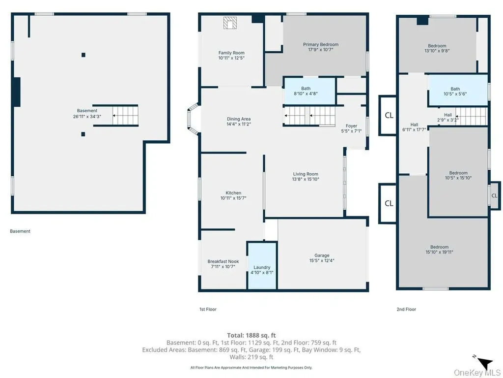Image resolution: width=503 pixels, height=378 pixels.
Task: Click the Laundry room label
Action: coord(262,270)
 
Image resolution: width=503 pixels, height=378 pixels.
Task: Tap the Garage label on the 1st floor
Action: coord(322,258)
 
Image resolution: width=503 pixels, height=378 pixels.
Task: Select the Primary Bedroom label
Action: coord(321,47)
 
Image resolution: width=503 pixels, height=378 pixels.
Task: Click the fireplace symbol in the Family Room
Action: coord(230,23)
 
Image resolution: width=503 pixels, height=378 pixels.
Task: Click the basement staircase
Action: coord(125,115)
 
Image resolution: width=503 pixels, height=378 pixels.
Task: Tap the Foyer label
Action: coord(351,128)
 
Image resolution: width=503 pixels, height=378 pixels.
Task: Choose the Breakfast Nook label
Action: coord(224,264)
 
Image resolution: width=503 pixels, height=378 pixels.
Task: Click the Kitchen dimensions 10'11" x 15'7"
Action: coord(233,198)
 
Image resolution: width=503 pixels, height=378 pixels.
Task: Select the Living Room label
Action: coord(306,177)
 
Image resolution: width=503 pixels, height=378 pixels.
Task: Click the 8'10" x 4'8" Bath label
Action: coord(306,91)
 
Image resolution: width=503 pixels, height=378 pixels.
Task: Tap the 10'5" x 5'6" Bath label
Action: coord(455,91)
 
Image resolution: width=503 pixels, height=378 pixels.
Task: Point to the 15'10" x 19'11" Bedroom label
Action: coord(440,250)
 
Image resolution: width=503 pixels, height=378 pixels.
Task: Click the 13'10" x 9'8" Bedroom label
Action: coord(437,48)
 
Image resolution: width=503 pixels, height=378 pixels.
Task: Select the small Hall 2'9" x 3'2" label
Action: coord(448,117)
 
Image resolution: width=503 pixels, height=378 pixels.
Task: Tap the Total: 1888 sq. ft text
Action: coord(251,335)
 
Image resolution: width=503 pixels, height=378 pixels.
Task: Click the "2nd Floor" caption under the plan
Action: coord(406,309)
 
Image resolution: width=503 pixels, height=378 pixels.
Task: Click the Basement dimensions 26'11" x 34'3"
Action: coord(87,116)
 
